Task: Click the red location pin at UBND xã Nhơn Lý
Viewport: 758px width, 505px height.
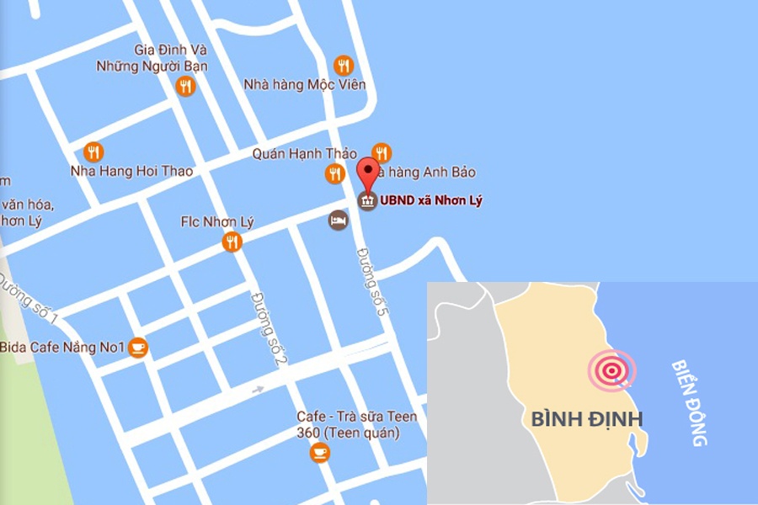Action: point(368,173)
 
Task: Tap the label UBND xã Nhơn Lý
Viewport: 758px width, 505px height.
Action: point(431,201)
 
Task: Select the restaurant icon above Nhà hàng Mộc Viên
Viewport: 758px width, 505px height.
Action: point(344,66)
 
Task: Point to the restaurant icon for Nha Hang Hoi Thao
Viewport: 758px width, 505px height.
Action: point(94,152)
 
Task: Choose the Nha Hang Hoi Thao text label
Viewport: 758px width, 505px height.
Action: point(131,171)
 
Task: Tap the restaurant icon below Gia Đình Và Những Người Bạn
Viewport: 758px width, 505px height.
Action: point(185,86)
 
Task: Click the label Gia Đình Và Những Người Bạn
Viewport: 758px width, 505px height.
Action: point(152,58)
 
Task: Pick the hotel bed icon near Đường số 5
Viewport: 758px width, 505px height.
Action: point(338,221)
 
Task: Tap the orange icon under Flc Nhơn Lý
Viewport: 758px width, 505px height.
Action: point(232,242)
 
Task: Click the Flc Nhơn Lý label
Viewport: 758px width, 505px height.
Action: point(217,222)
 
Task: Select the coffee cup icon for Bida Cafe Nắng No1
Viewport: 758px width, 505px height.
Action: point(138,347)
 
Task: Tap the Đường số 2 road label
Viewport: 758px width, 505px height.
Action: point(266,329)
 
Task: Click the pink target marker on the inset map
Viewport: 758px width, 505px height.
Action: point(612,369)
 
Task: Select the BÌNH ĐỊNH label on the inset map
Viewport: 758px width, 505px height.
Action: point(587,418)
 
